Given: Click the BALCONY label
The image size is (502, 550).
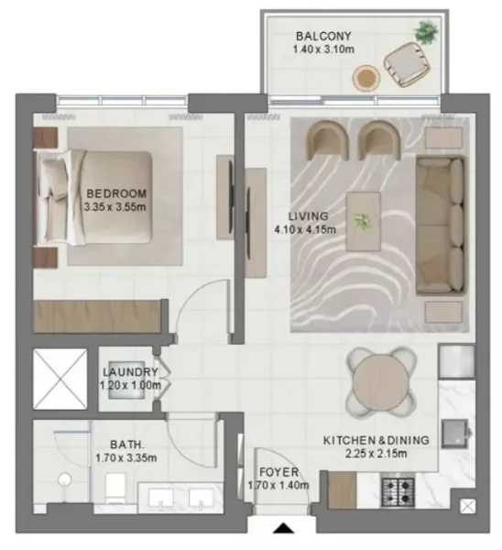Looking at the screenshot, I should pyautogui.click(x=318, y=37).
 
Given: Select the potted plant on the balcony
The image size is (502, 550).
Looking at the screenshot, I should pyautogui.click(x=424, y=33).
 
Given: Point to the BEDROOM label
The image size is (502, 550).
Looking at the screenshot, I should pyautogui.click(x=116, y=193).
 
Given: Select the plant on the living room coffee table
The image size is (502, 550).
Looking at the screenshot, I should pyautogui.click(x=365, y=220).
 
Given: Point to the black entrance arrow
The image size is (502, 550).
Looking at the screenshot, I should pyautogui.click(x=285, y=528).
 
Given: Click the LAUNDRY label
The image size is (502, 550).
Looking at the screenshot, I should pyautogui.click(x=130, y=372).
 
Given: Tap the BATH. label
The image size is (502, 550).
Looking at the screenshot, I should pyautogui.click(x=125, y=442).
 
